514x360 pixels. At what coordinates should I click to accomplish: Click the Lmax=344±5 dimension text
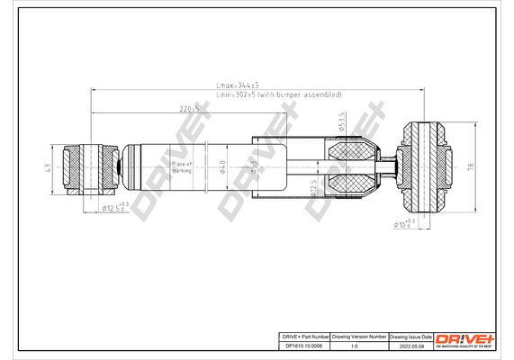pyautogui.click(x=237, y=85)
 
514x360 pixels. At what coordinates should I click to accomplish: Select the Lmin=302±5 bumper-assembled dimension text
pyautogui.click(x=279, y=94)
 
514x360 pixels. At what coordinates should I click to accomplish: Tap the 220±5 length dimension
pyautogui.click(x=188, y=109)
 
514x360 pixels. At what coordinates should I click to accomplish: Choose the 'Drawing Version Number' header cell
pyautogui.click(x=360, y=334)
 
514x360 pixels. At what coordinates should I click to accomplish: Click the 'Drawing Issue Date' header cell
pyautogui.click(x=411, y=334)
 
